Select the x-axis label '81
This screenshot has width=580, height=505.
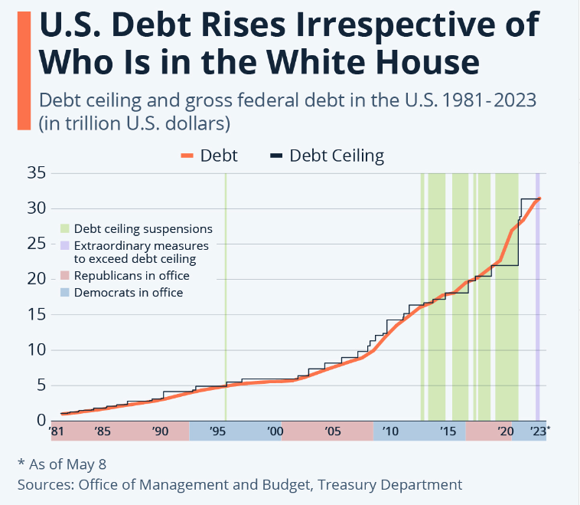pyautogui.click(x=56, y=432)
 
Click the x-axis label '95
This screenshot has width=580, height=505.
pyautogui.click(x=218, y=432)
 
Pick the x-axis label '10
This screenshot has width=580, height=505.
pyautogui.click(x=390, y=432)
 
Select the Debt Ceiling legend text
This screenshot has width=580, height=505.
pyautogui.click(x=337, y=156)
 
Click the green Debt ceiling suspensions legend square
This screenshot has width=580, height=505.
pyautogui.click(x=65, y=228)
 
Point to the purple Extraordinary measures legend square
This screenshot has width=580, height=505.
pyautogui.click(x=65, y=245)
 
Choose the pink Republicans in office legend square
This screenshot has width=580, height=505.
pyautogui.click(x=65, y=276)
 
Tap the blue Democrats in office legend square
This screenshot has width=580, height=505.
pyautogui.click(x=65, y=293)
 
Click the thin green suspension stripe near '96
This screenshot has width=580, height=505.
pyautogui.click(x=226, y=291)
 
